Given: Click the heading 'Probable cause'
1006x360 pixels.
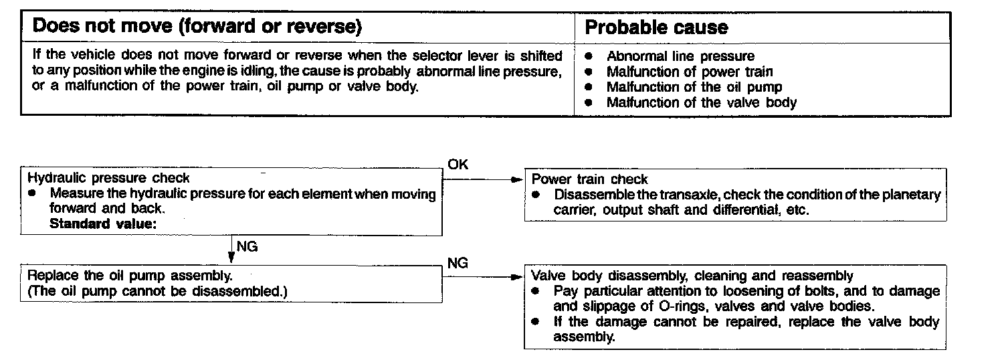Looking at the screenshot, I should (656, 27).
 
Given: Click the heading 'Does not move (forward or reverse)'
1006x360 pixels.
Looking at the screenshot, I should (197, 27).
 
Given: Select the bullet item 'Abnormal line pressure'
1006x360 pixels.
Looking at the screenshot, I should (680, 56).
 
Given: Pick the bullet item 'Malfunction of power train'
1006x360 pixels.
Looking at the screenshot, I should (689, 72).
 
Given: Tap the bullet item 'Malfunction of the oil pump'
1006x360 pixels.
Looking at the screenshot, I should (694, 87).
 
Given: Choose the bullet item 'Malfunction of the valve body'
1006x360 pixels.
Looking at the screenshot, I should (701, 102).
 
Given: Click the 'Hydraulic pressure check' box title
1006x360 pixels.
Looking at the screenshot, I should (109, 178).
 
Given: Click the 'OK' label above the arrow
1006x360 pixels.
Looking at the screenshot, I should (458, 165).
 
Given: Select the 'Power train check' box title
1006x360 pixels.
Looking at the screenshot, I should (589, 179).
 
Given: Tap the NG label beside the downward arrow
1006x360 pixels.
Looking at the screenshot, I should (247, 246).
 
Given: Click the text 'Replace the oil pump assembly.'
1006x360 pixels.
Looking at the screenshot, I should (130, 276).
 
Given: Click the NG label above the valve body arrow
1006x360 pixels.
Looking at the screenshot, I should (458, 263).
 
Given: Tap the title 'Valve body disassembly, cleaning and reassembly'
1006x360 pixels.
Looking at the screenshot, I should (692, 276).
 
